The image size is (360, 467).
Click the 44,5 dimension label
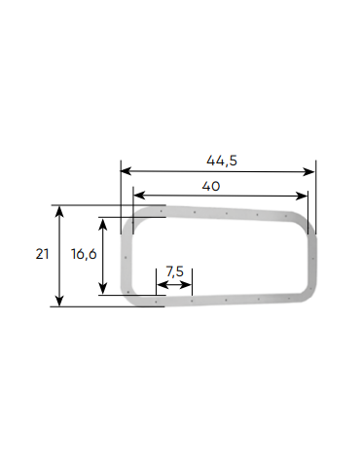222,161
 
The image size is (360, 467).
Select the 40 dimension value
211,186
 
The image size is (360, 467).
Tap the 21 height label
42,254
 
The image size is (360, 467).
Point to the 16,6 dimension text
84,254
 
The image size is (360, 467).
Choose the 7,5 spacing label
174,271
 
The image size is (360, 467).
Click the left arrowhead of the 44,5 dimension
126,171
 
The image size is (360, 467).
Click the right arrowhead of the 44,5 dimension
309,171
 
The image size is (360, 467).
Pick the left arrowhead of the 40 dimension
138,196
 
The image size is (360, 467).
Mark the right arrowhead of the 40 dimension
303,196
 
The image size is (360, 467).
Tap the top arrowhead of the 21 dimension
59,211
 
